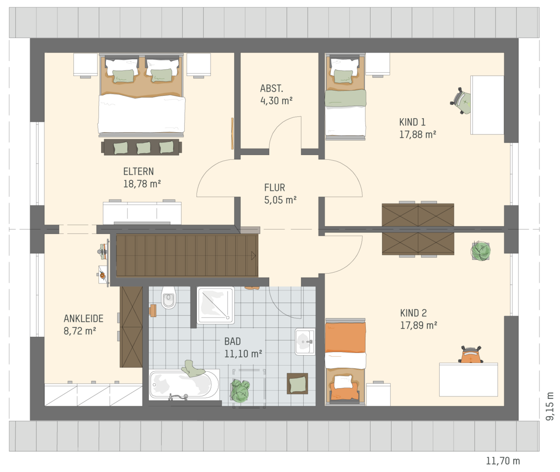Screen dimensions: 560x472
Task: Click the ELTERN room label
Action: pos(139,171)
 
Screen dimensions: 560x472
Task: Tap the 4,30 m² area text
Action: pos(276,101)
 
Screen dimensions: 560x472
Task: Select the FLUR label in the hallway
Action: pos(274,188)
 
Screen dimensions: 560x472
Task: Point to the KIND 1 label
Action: pos(412,122)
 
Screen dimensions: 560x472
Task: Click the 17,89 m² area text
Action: pos(419,325)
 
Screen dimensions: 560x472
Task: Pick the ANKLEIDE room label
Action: pos(84,318)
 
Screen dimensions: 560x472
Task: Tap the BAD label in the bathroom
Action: pos(232,341)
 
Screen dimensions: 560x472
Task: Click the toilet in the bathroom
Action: pos(168,297)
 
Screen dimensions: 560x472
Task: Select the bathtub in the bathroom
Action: pos(184,384)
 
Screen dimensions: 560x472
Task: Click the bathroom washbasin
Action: pos(305,342)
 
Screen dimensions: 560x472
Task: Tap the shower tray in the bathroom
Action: pos(216,305)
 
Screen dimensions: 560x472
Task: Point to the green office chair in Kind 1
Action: pos(461,101)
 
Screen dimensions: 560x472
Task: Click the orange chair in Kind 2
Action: pos(471,355)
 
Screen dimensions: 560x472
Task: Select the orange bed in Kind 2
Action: pos(345,361)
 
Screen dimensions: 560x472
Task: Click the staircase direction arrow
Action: pos(253,256)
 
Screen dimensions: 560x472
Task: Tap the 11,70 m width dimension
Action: pos(503,461)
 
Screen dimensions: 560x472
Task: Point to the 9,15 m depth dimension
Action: pos(550,406)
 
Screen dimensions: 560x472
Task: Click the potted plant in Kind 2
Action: pos(481,251)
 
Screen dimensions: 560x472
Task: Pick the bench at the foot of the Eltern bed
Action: pos(141,147)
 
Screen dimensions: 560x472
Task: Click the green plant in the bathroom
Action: pos(240,390)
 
